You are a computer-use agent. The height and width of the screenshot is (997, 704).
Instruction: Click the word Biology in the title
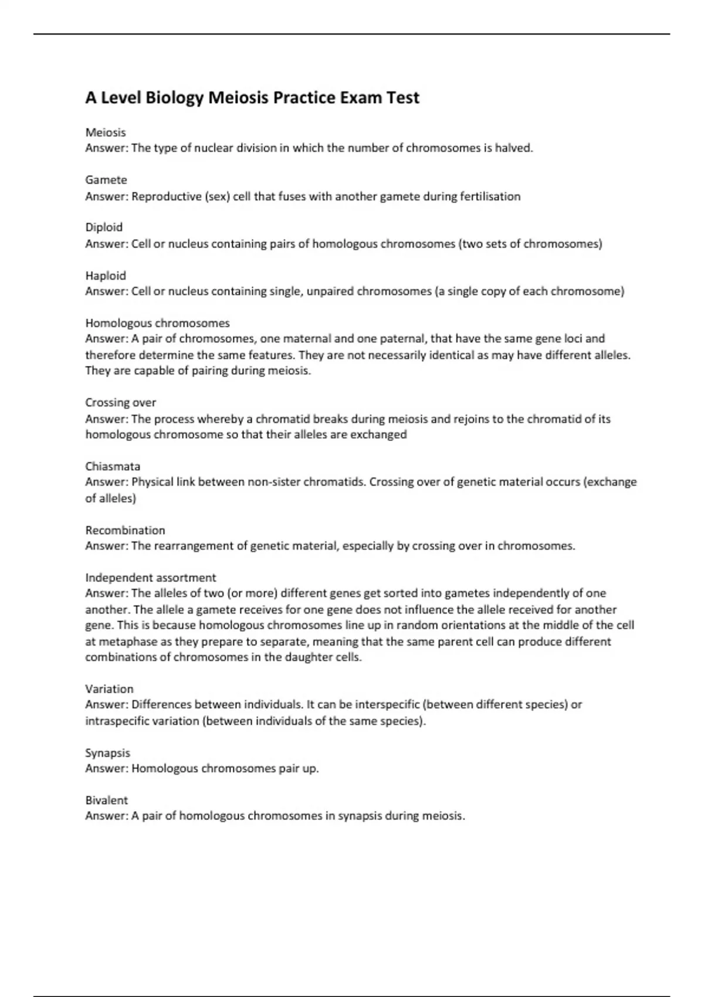[174, 98]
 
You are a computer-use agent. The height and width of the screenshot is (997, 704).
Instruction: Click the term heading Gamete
[106, 180]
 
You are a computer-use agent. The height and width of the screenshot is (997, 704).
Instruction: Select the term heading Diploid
[104, 228]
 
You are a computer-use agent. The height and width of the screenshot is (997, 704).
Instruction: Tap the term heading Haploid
[106, 276]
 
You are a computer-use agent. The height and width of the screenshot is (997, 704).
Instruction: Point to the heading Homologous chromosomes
[157, 323]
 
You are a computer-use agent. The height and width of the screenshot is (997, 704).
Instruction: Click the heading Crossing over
[121, 403]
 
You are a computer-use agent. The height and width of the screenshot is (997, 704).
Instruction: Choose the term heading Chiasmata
[113, 467]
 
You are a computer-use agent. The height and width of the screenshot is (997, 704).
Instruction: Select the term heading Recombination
[125, 531]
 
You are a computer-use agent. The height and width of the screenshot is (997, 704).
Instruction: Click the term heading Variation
[109, 689]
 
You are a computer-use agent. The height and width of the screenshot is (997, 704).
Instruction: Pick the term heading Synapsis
[107, 753]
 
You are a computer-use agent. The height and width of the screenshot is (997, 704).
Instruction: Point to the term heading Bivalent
[106, 801]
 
